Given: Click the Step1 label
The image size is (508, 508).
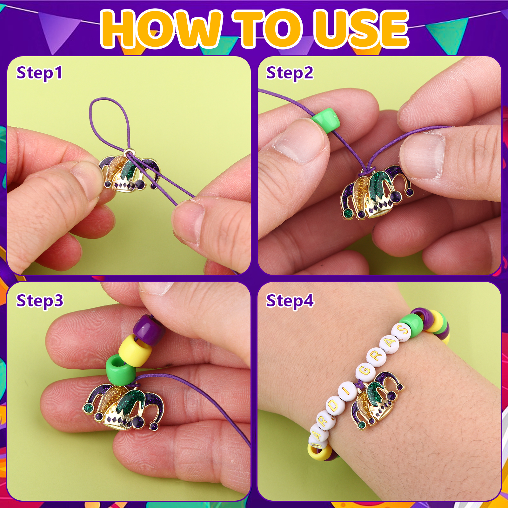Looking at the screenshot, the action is (x=39, y=73).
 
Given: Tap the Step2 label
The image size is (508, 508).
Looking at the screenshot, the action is (x=290, y=73).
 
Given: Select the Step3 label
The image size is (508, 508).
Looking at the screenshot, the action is (x=40, y=301).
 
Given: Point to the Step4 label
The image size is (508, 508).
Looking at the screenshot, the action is (x=290, y=301).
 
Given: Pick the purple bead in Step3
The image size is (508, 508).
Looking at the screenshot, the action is (x=149, y=330).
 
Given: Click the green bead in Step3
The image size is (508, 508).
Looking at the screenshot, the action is (x=121, y=370).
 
